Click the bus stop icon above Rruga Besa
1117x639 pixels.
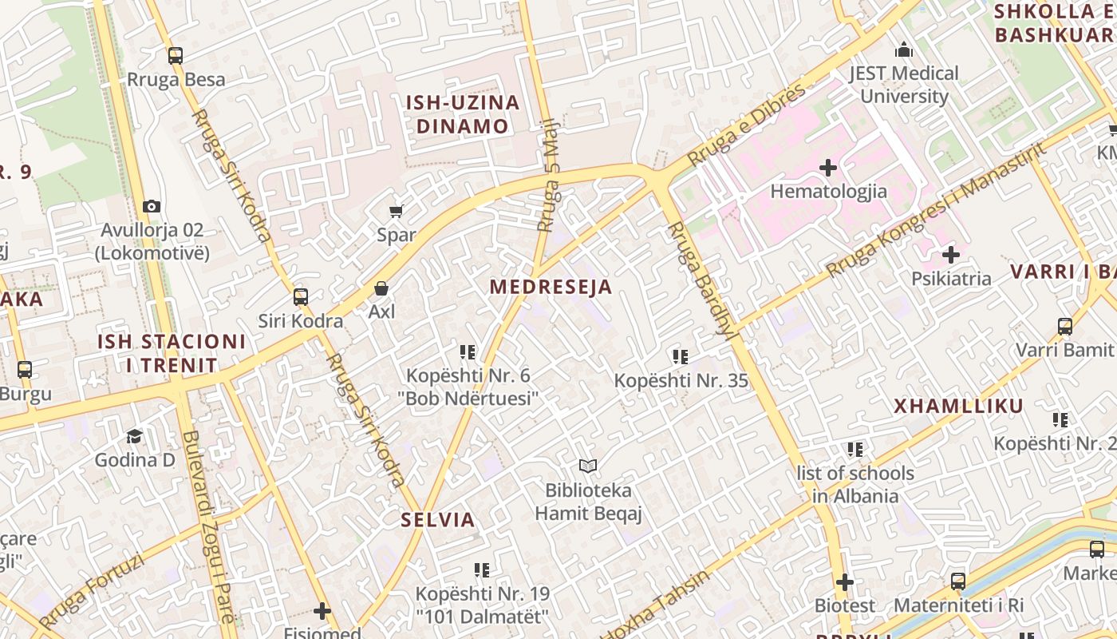tap(176, 56)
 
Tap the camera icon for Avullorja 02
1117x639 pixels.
tap(152, 206)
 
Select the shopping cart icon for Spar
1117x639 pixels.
tap(396, 211)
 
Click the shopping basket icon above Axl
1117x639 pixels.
tap(381, 288)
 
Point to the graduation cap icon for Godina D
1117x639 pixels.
tap(134, 436)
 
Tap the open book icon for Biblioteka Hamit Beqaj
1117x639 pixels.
tap(588, 466)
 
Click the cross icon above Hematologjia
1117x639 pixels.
tap(828, 168)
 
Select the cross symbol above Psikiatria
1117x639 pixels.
tap(950, 256)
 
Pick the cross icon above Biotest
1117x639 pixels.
tap(845, 582)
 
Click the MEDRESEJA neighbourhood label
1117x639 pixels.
tap(551, 287)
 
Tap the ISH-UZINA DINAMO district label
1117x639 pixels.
tap(463, 114)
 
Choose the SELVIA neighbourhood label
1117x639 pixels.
tap(438, 520)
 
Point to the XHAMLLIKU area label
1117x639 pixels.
tap(958, 406)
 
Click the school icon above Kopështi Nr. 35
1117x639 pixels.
tap(680, 356)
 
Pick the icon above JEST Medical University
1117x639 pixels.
tap(903, 50)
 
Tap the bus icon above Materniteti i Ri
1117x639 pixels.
tap(958, 581)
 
